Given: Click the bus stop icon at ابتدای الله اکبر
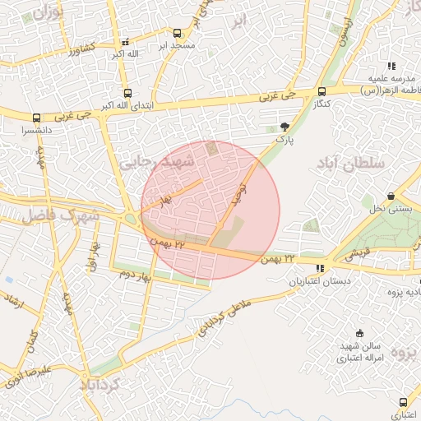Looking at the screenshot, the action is [127, 93].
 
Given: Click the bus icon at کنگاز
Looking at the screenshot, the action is [322, 92].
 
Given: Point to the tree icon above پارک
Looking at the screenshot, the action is [285, 127].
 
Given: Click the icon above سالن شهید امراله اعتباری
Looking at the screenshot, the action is [359, 333].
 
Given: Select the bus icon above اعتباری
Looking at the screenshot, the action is [402, 402].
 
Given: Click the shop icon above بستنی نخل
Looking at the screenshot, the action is [390, 196].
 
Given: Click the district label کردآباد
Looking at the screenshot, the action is [101, 383].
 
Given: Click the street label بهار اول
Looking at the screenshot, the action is [93, 257].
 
